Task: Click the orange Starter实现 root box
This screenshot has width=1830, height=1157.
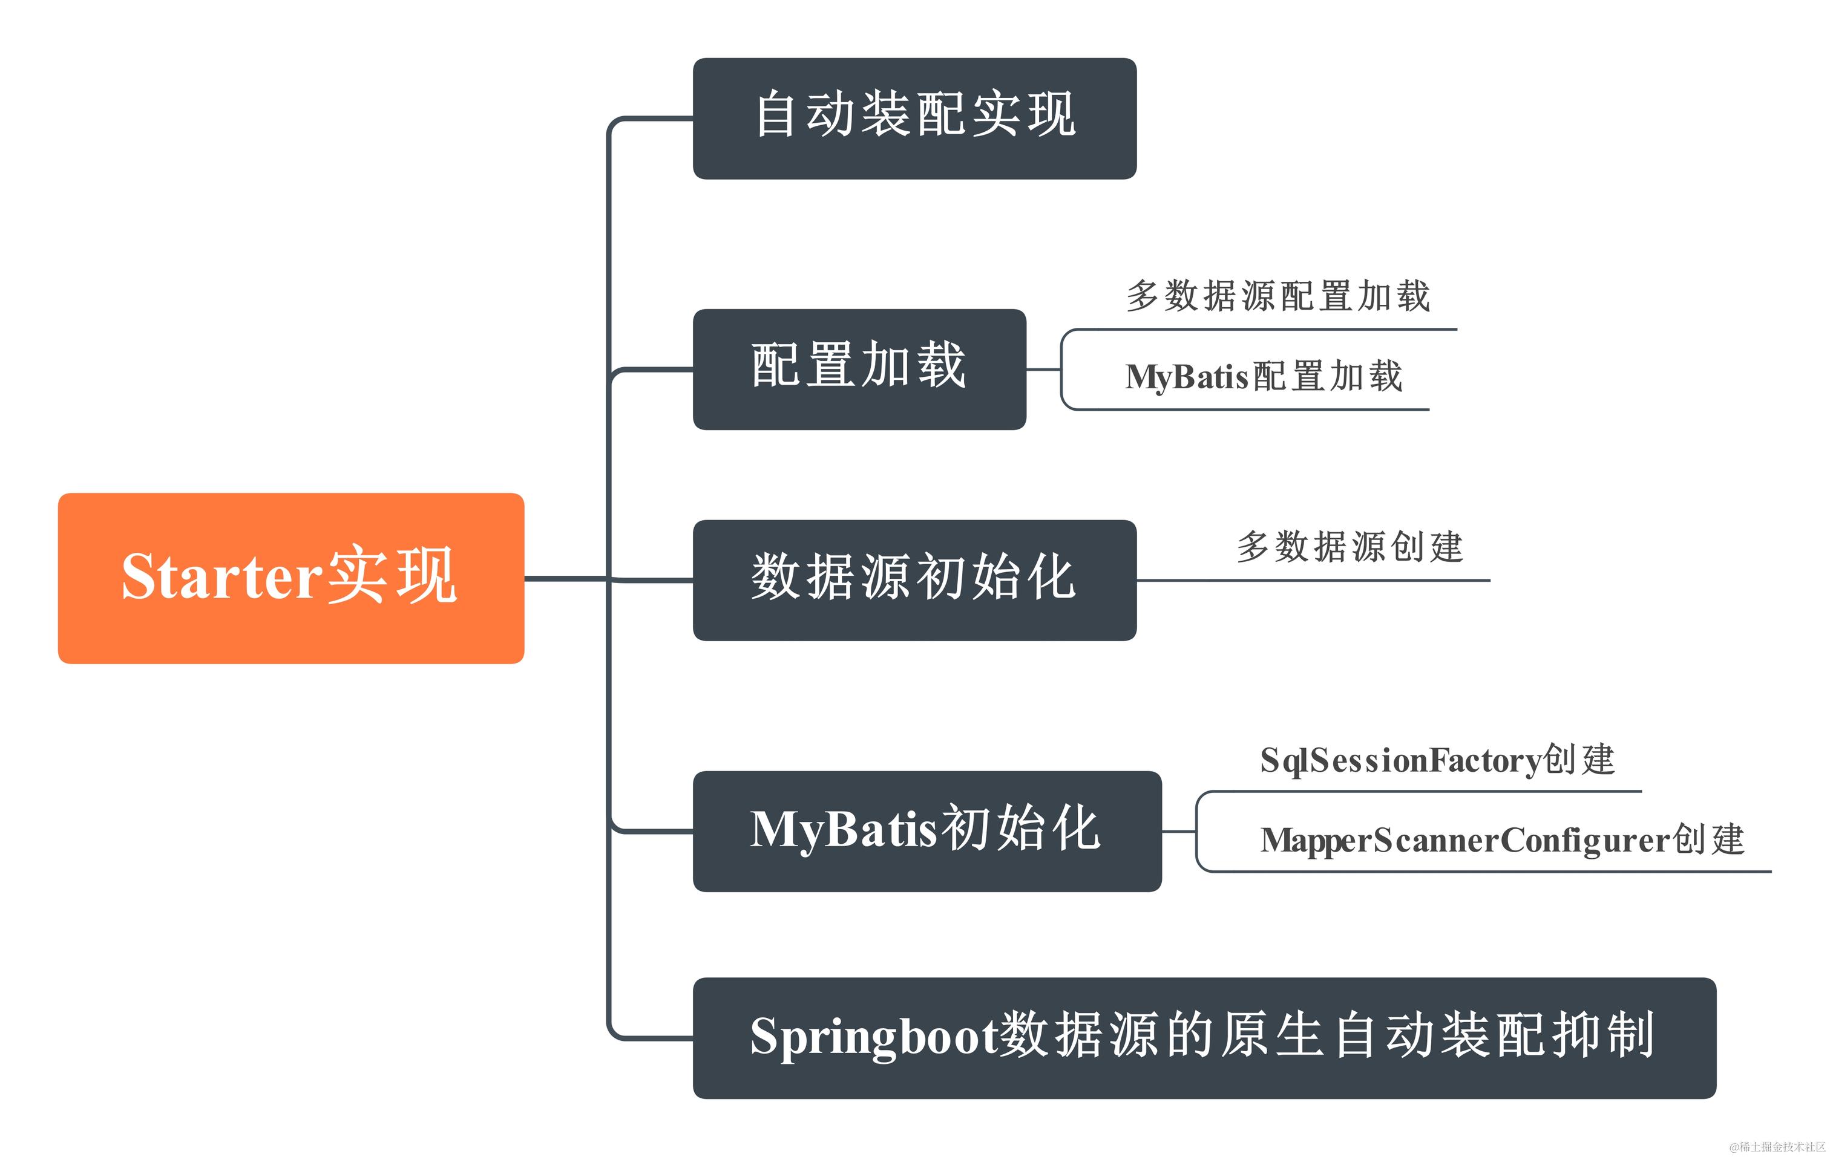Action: [x=290, y=578]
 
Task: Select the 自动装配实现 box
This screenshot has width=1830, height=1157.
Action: [x=914, y=119]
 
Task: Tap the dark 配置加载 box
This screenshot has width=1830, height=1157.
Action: [x=859, y=369]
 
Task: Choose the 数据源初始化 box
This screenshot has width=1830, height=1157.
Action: [x=914, y=579]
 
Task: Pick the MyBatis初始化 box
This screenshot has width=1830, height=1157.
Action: [x=926, y=831]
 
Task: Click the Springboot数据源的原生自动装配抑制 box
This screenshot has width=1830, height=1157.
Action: [x=1204, y=1038]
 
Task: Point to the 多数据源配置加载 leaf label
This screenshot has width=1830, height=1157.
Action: [x=1277, y=296]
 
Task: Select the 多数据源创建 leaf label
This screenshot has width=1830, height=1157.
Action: [x=1350, y=547]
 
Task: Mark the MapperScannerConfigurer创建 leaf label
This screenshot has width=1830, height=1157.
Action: [x=1501, y=840]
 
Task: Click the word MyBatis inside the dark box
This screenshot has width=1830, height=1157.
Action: [x=844, y=829]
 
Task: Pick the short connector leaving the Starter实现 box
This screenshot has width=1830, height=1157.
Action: [x=566, y=579]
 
